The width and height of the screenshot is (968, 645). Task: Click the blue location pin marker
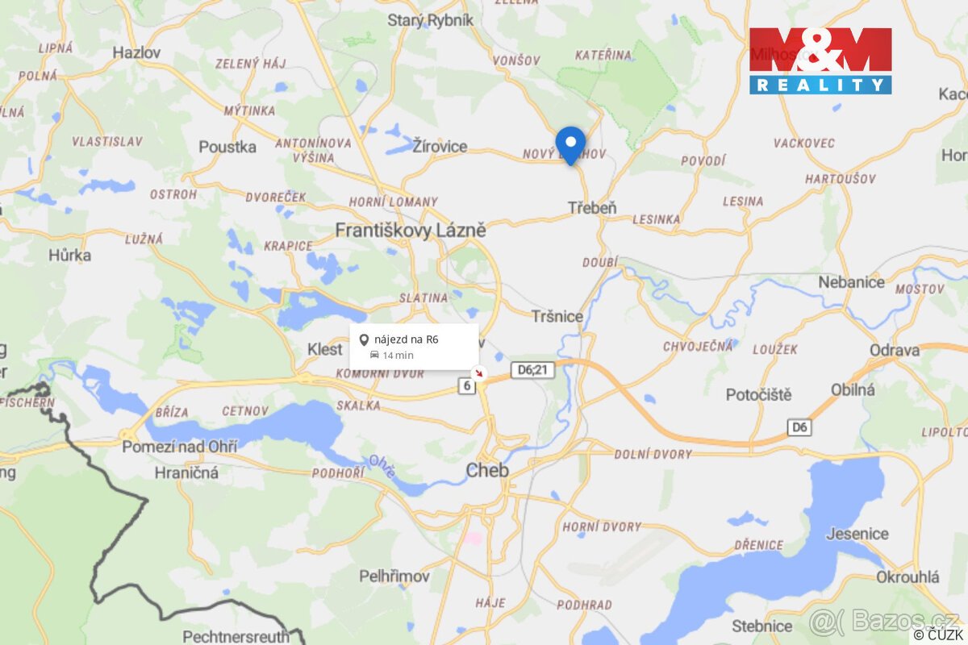pos(571,144)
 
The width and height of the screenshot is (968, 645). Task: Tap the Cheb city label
pos(487,470)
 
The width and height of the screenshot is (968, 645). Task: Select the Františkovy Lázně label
pos(411,231)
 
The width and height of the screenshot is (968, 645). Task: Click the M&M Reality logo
pos(820,61)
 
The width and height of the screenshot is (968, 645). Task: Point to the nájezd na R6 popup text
pos(407,339)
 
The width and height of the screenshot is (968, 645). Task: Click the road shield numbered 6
pos(466,386)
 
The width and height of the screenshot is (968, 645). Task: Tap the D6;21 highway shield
pos(532,370)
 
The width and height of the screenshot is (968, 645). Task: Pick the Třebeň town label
pos(591,208)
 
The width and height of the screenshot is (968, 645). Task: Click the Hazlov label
pos(136,52)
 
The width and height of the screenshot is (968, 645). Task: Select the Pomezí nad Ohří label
pos(179,446)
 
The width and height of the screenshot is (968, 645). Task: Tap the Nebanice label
pos(851,282)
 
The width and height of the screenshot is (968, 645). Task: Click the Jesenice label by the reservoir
pos(857,534)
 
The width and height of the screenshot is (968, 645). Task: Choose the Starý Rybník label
pos(430,21)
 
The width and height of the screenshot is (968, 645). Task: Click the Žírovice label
pos(440,147)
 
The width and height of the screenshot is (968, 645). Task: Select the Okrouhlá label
pos(907,577)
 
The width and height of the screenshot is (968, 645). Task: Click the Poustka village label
pos(227,147)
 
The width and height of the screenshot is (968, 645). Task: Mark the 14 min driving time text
pos(398,356)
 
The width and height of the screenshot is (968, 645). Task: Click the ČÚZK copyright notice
pos(939,635)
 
